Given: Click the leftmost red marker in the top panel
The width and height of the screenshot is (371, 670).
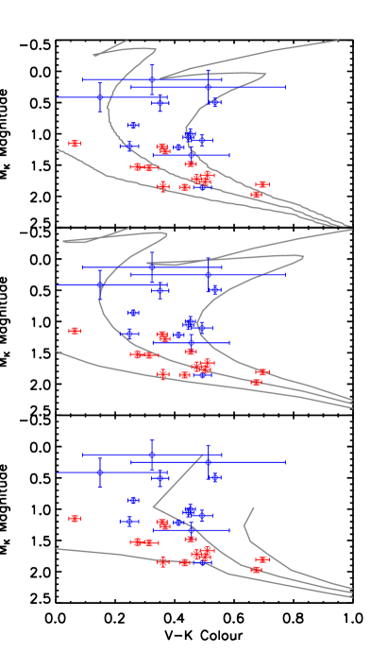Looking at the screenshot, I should click(74, 144).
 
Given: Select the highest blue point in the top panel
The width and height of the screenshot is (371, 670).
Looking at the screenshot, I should click(151, 80).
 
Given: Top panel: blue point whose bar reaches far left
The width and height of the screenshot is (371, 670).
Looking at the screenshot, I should click(99, 96).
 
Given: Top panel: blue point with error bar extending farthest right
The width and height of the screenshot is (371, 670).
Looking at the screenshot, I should click(209, 87).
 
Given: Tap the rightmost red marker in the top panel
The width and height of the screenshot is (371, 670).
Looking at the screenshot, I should click(261, 184).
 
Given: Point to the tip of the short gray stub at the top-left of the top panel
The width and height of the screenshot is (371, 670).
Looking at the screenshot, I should click(126, 41).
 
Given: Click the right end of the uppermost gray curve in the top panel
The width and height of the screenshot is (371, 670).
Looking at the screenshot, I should click(338, 41).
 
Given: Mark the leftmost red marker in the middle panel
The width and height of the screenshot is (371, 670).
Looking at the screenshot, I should click(74, 331).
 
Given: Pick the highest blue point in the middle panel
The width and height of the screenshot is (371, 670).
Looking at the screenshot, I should click(151, 267).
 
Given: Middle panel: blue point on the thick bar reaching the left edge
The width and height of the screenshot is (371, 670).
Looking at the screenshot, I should click(99, 284).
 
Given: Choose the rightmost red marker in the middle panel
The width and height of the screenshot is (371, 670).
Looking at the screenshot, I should click(261, 372).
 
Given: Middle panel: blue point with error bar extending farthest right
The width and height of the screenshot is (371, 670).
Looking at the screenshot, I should click(209, 274).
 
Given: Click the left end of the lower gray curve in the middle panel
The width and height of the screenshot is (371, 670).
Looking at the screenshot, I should click(57, 352).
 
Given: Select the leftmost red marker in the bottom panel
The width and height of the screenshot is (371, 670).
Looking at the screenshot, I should click(74, 518).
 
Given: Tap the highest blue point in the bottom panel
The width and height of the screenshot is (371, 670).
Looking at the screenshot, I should click(151, 455).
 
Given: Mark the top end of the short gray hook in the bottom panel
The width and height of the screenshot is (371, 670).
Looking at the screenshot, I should click(254, 507).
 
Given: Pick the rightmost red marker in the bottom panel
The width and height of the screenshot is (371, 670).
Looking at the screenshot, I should click(261, 559).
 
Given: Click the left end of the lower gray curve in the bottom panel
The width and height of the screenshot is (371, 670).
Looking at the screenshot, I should click(57, 549).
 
